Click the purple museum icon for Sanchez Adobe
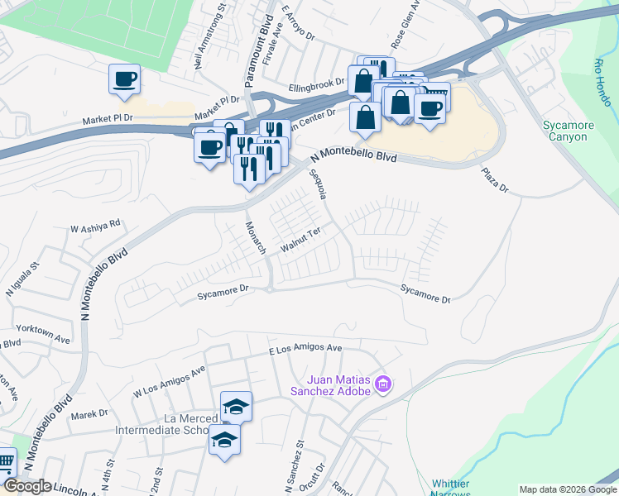click(x=382, y=384)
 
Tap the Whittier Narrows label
click(x=451, y=489)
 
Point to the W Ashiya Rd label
click(x=95, y=224)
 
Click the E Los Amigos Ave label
click(x=305, y=350)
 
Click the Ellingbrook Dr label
click(x=316, y=83)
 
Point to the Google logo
click(x=26, y=486)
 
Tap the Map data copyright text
click(x=567, y=489)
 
